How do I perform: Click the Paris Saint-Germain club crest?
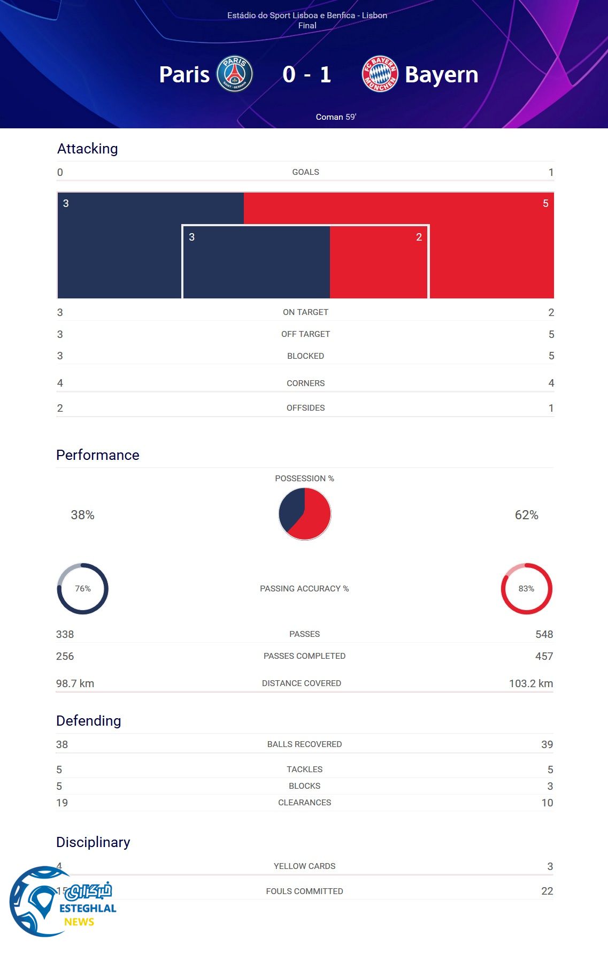click(x=235, y=74)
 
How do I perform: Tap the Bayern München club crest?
click(x=380, y=74)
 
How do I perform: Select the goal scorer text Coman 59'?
click(x=336, y=117)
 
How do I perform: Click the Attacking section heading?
click(x=88, y=149)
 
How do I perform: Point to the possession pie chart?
click(x=305, y=514)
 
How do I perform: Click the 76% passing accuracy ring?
click(x=83, y=589)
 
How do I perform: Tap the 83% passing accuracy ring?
click(x=526, y=589)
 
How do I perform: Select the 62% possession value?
click(x=526, y=515)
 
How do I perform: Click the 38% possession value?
click(x=83, y=515)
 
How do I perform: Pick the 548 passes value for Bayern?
click(x=544, y=634)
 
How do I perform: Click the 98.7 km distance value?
click(x=75, y=683)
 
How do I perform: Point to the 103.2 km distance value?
click(x=530, y=683)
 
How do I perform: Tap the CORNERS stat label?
click(x=305, y=383)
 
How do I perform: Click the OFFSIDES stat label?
click(x=305, y=408)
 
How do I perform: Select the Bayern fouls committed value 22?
click(x=547, y=891)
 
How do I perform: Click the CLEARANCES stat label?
click(x=304, y=803)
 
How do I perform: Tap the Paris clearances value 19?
click(x=62, y=803)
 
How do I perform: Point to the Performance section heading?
click(x=98, y=455)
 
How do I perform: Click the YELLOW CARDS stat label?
click(x=304, y=866)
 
